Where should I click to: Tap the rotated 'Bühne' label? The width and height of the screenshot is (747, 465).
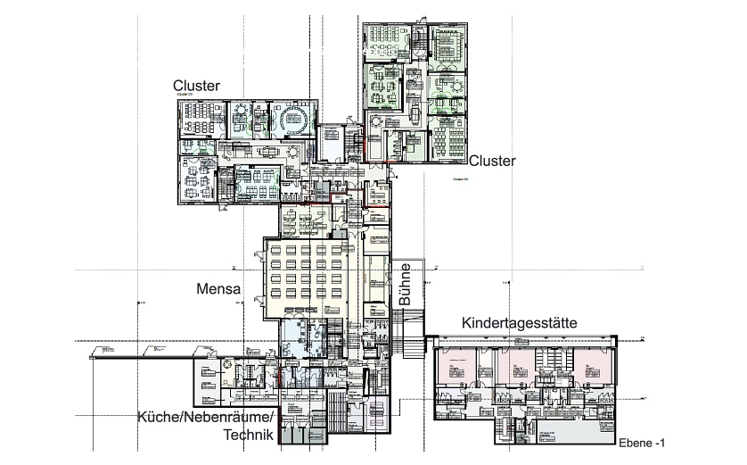[405, 284]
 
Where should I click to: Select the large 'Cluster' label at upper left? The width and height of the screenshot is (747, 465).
[196, 85]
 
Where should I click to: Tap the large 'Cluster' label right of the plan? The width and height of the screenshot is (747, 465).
[492, 162]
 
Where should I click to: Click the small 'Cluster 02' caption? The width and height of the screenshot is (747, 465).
[462, 179]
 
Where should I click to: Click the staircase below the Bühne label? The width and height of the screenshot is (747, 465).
[411, 336]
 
